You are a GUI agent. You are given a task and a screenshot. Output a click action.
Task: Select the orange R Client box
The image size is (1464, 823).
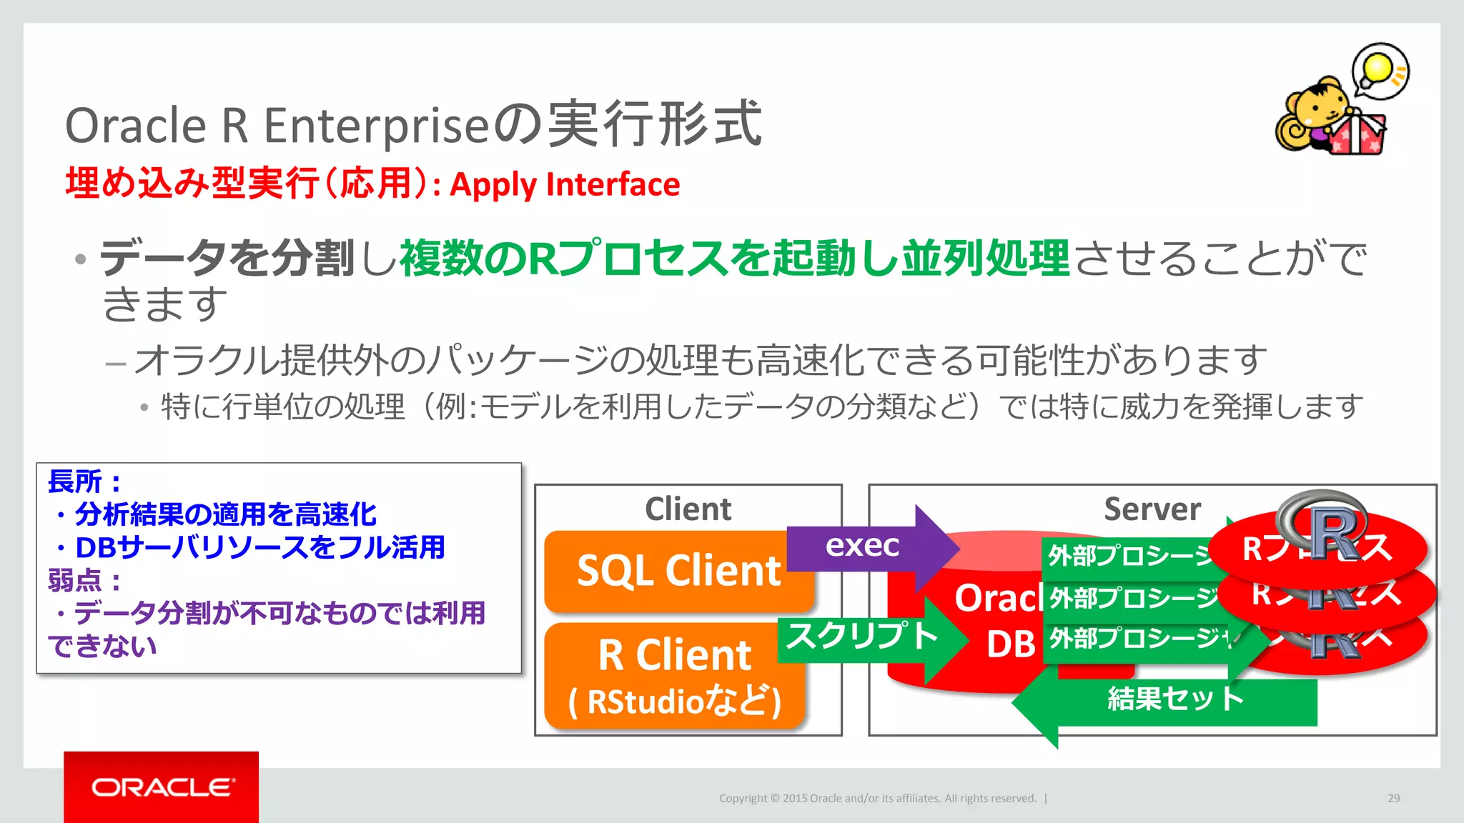point(673,675)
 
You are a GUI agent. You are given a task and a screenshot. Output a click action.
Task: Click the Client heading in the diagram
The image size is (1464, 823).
point(688,509)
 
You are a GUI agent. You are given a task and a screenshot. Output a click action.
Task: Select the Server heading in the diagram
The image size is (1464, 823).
point(1152,509)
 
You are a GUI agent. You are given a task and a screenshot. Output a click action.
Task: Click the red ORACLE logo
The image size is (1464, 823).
point(162,787)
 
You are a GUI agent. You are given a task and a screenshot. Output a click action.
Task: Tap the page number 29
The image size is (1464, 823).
point(1393,798)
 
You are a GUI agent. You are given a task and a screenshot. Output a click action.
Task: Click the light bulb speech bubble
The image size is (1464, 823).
point(1380,70)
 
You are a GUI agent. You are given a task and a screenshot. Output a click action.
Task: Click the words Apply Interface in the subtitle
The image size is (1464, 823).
point(565,185)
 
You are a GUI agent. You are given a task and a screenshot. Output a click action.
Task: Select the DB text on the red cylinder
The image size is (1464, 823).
point(1010,644)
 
